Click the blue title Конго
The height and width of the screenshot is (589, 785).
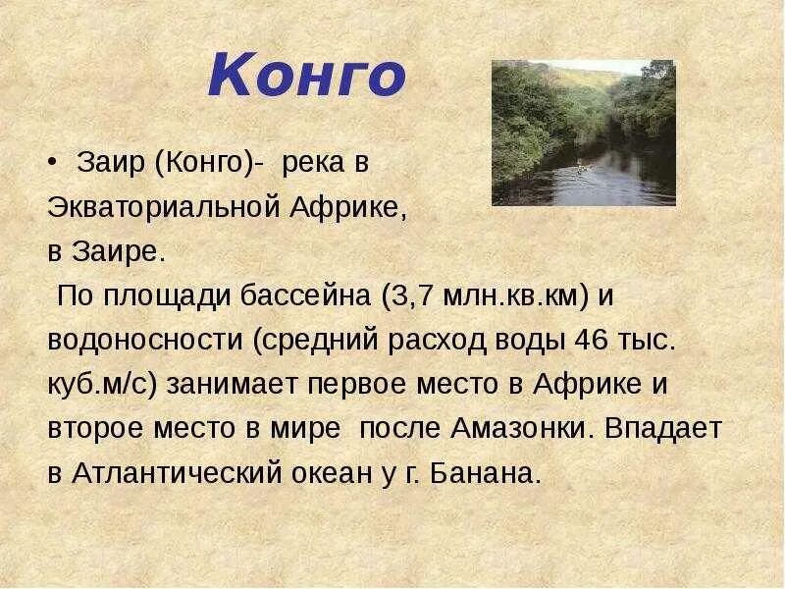pos(306,79)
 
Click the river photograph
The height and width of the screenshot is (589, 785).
pos(583,133)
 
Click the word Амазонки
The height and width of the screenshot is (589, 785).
pos(522,428)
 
